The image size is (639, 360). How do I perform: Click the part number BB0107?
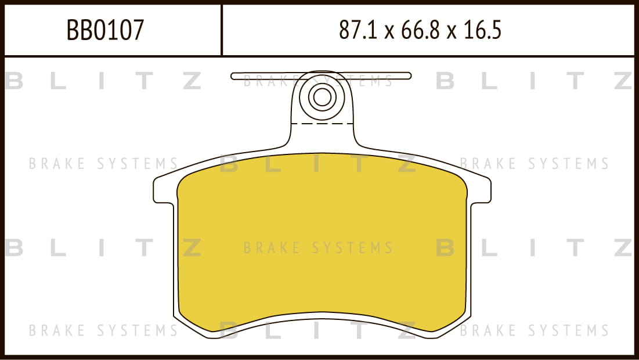(x=105, y=30)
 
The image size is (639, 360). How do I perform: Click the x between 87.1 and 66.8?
(x=389, y=32)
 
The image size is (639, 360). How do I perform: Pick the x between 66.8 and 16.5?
(x=451, y=32)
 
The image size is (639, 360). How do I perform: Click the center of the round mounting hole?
(x=322, y=97)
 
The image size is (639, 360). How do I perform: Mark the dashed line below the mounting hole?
(x=322, y=123)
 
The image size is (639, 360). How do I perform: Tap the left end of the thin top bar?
(x=232, y=76)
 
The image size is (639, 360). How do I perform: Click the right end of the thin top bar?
(x=410, y=76)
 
